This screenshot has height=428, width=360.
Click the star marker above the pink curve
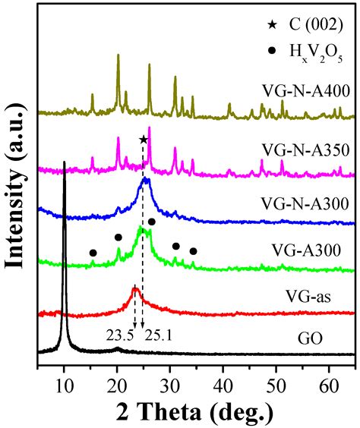click(144, 140)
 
